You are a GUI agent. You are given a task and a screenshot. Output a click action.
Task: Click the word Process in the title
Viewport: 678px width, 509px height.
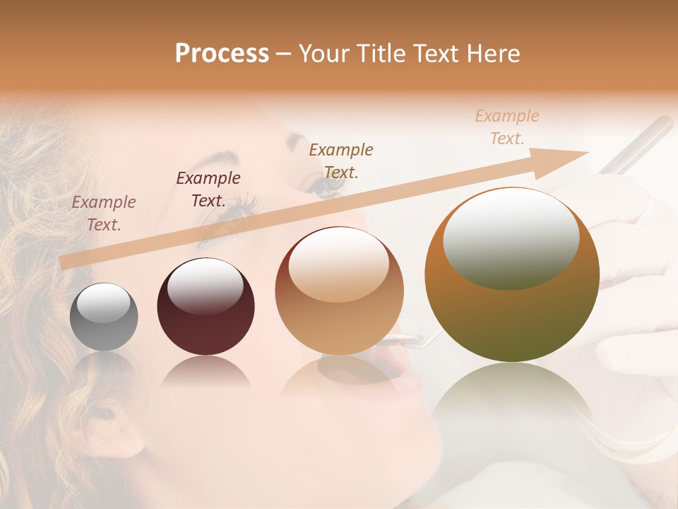(x=222, y=53)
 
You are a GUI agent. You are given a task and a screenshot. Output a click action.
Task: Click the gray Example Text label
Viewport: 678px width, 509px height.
(x=104, y=213)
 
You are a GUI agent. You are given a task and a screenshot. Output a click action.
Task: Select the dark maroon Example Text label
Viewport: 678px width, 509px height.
(x=208, y=189)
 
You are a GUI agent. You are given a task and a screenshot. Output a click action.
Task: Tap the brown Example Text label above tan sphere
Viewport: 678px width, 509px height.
(x=341, y=160)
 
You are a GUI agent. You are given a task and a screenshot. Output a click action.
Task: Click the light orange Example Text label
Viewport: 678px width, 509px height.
(x=507, y=127)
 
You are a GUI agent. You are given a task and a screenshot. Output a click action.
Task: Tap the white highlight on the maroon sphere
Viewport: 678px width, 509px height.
(x=205, y=286)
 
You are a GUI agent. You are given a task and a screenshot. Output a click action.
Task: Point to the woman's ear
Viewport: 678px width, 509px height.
(x=113, y=424)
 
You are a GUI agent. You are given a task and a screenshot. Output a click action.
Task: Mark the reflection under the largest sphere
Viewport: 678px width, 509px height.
(x=512, y=403)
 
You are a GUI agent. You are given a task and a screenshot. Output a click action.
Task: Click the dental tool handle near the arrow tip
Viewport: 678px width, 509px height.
(x=636, y=145)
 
